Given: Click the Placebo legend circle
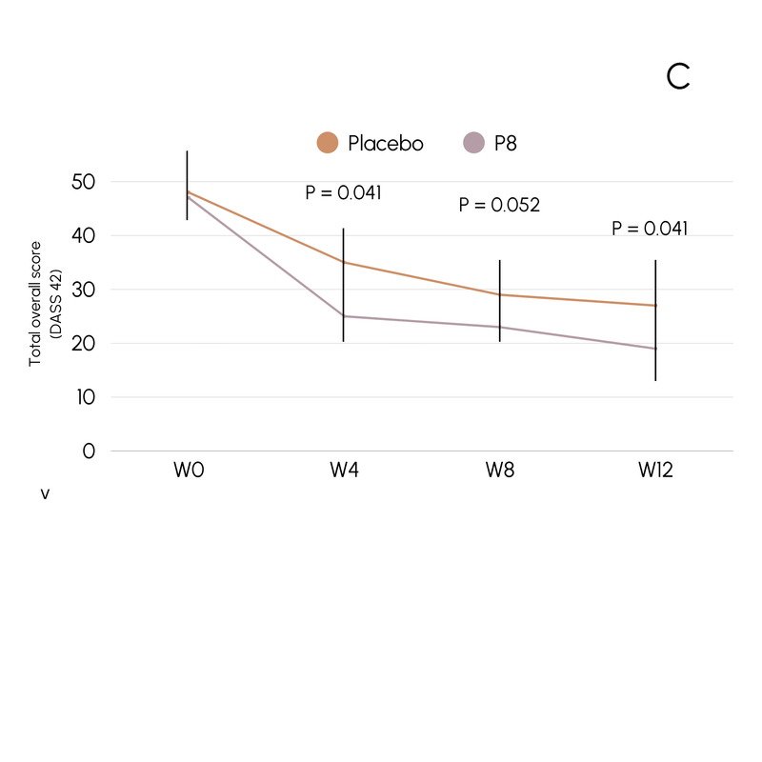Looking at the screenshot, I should pyautogui.click(x=328, y=143).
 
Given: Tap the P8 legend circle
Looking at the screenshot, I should pyautogui.click(x=473, y=143).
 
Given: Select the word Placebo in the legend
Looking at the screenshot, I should pyautogui.click(x=386, y=144).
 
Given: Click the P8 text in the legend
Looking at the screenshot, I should pyautogui.click(x=506, y=144).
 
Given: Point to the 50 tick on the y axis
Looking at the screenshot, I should pyautogui.click(x=83, y=181).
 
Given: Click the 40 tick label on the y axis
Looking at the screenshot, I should pyautogui.click(x=83, y=235).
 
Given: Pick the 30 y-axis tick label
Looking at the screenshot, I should pyautogui.click(x=83, y=289).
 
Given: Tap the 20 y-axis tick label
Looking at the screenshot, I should pyautogui.click(x=83, y=343).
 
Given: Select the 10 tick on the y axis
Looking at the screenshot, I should pyautogui.click(x=84, y=397).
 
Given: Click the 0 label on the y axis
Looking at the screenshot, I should pyautogui.click(x=90, y=451).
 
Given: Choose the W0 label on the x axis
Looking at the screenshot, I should pyautogui.click(x=188, y=471).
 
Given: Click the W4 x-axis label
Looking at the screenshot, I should pyautogui.click(x=344, y=471).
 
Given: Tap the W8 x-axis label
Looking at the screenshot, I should pyautogui.click(x=500, y=471).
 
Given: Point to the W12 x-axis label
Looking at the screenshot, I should pyautogui.click(x=655, y=471).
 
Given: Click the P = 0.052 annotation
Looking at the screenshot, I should pyautogui.click(x=499, y=205).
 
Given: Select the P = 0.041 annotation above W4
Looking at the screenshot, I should pyautogui.click(x=343, y=192).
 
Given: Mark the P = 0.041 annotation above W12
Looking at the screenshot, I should pyautogui.click(x=650, y=229).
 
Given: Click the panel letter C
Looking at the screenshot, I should pyautogui.click(x=678, y=77).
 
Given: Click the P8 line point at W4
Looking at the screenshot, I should pyautogui.click(x=344, y=316).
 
